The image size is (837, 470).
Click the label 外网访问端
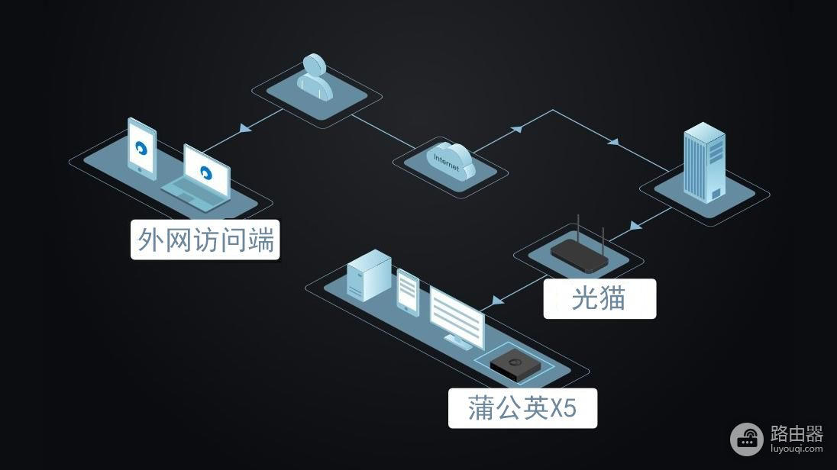pos(205,240)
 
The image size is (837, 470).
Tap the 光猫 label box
pos(599,298)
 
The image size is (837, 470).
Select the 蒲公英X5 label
pos(522,408)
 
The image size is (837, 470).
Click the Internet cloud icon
pos(451,160)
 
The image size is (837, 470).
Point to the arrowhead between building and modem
pos(635,226)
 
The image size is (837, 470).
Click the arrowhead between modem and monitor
pos(498,300)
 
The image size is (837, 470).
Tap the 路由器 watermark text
pos(797,434)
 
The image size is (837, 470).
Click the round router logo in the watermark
pos(746,439)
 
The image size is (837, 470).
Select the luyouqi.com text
pos(797,450)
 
